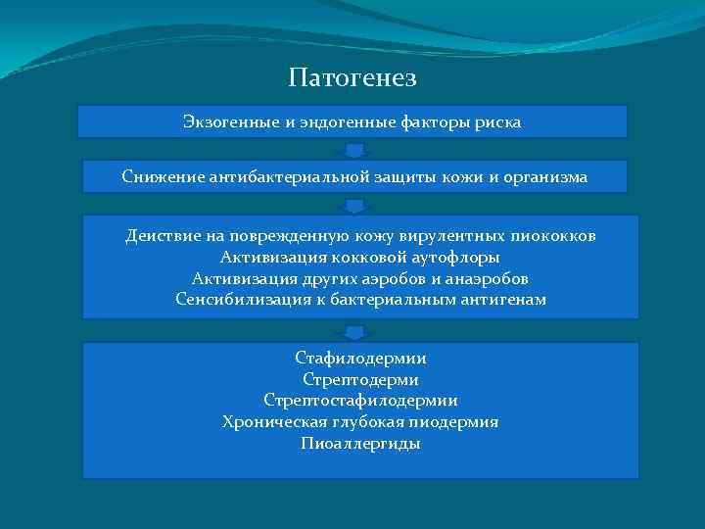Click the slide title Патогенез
[352, 76]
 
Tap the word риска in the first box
[498, 122]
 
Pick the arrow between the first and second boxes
[355, 149]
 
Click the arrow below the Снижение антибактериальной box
[355, 205]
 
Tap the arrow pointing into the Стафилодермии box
[355, 330]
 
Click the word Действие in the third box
[163, 236]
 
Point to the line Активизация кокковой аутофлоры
[360, 257]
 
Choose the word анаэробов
[484, 278]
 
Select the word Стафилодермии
[360, 359]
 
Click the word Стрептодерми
[360, 379]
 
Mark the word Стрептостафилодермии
[360, 401]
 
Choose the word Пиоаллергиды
[360, 443]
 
